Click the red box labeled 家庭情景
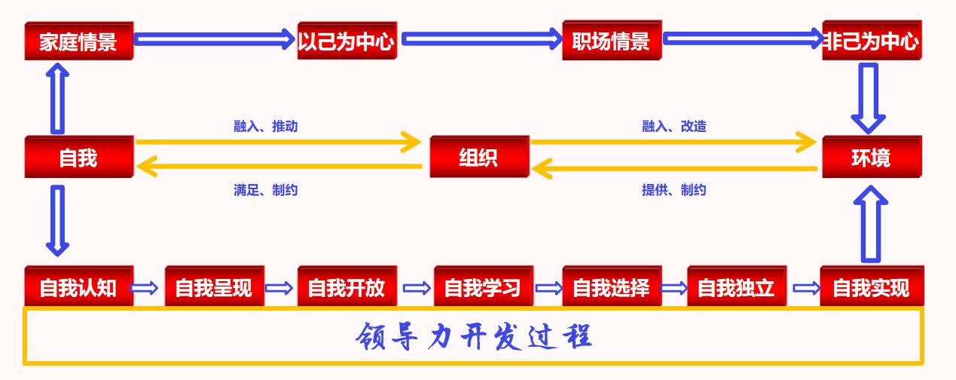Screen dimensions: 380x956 coord(78,41)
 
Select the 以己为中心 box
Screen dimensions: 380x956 coord(347,41)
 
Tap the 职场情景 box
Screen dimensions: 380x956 coord(611,41)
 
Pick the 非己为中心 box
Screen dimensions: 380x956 coord(872,41)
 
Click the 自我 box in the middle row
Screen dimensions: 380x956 coord(78,157)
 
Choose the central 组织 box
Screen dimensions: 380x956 coord(479,157)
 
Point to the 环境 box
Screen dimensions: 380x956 coord(872,157)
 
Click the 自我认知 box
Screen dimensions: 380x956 coord(78,287)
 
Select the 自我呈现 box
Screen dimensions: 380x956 coord(214,287)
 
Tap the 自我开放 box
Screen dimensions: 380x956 coord(347,287)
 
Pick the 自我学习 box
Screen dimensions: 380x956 coord(483,287)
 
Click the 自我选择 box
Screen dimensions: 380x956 coord(611,287)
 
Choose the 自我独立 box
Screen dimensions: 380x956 coord(736,287)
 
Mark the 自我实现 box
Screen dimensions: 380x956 coord(872,287)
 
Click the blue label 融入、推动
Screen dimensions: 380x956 coord(266,126)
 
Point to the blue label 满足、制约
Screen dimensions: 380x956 coord(266,190)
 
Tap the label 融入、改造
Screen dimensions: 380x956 coord(674,126)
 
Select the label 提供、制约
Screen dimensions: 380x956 coord(674,190)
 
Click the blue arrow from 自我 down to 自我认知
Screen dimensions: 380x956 coord(57,220)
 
